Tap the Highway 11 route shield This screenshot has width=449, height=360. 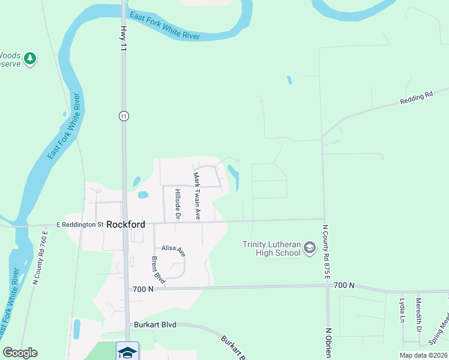(124, 116)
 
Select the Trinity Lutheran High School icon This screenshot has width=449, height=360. (310, 248)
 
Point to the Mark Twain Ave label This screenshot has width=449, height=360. (196, 195)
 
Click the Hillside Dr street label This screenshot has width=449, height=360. (178, 204)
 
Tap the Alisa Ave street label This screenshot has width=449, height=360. (173, 250)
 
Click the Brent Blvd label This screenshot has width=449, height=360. (158, 270)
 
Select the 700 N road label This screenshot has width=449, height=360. (143, 289)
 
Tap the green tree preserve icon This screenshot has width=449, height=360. (29, 59)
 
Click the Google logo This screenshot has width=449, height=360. (20, 353)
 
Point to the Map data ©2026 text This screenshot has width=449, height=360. (423, 355)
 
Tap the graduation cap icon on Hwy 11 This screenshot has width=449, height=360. (127, 352)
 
